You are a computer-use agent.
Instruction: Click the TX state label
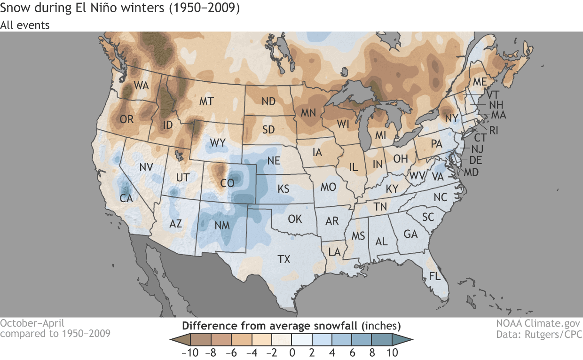[284, 259]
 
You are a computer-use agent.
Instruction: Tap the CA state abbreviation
[126, 198]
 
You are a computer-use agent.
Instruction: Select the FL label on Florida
[435, 276]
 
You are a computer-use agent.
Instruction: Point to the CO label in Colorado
[227, 183]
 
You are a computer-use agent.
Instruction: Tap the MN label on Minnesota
[308, 113]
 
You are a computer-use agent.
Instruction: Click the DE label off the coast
[475, 160]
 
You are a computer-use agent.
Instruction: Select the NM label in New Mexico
[222, 226]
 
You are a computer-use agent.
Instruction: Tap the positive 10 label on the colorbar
[392, 352]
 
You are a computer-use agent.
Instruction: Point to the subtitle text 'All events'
[25, 25]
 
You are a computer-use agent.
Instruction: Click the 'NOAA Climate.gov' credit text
[539, 324]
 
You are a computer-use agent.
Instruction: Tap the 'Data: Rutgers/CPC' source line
[539, 335]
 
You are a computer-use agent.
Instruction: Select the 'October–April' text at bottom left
[32, 323]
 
